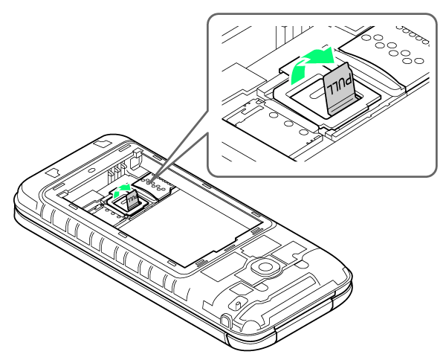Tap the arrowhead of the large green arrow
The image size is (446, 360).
pos(327,55)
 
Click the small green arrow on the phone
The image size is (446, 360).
pos(121,190)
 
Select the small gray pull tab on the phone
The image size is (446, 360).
pos(132,199)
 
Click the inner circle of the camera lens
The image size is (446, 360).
pos(265,267)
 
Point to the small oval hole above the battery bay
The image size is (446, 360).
pos(91,170)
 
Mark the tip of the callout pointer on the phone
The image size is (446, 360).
pos(153,181)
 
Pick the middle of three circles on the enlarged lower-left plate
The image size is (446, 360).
pos(288,123)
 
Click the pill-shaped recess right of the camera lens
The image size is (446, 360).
pos(301,266)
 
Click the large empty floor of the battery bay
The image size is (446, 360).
pos(188,225)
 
